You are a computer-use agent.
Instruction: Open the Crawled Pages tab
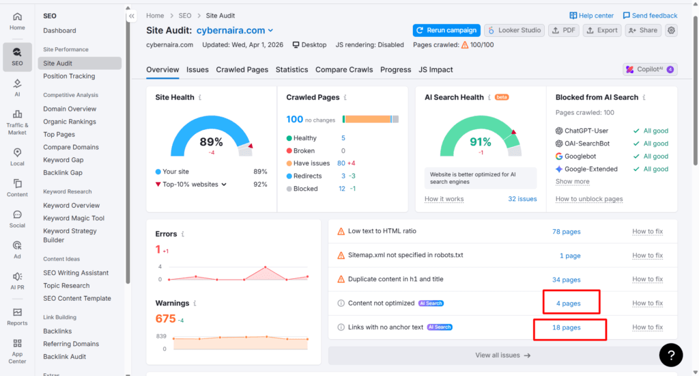242,70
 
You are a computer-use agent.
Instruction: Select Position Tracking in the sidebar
69,76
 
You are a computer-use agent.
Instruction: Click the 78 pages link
566,232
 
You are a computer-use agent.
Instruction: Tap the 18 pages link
566,327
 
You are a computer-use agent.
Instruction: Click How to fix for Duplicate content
647,280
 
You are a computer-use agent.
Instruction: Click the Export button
602,30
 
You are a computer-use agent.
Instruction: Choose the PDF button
565,30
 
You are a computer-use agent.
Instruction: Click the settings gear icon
672,30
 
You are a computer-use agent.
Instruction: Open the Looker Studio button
514,30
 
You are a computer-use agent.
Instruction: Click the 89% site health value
211,142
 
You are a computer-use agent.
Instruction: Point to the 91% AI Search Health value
480,142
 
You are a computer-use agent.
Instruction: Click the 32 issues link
522,199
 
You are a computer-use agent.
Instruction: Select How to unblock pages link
589,199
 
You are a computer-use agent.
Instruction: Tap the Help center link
591,16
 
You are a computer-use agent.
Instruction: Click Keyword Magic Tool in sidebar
74,218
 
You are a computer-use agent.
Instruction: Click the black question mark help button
671,354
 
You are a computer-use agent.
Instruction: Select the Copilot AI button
649,69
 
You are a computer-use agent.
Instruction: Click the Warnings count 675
166,319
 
